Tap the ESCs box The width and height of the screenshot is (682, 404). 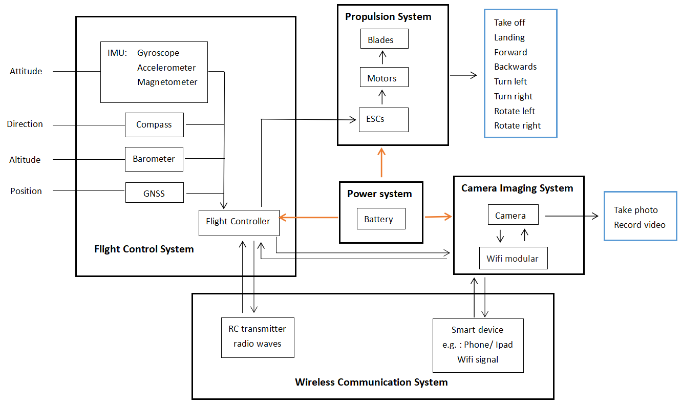(383, 119)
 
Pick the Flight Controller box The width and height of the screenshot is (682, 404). (239, 222)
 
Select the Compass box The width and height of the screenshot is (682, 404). (154, 125)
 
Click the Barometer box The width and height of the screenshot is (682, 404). (154, 159)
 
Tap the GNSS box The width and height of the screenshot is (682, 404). (154, 194)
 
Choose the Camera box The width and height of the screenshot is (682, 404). (513, 215)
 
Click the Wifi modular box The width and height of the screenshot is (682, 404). (513, 259)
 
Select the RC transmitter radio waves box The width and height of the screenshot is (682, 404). (258, 337)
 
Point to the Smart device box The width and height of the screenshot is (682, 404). (478, 345)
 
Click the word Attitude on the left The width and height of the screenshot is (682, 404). (26, 72)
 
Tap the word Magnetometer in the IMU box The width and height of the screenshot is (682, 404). (167, 82)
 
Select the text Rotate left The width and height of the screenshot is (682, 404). (514, 111)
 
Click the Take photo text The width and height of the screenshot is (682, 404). (635, 210)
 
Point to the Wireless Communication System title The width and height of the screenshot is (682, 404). (371, 382)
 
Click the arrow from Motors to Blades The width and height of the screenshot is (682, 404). (381, 57)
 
